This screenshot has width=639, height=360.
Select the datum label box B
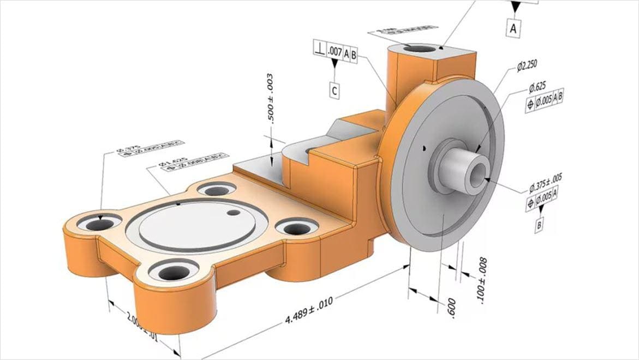(539, 225)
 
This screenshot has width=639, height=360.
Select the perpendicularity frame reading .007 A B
(335, 52)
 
